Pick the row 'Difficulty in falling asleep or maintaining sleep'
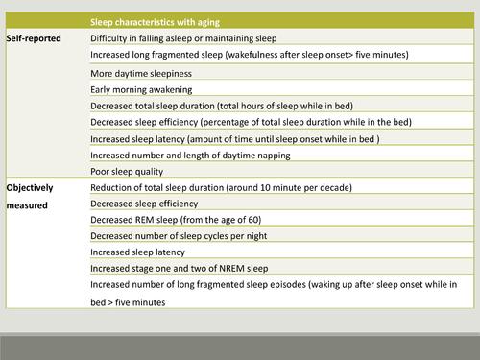pyautogui.click(x=183, y=37)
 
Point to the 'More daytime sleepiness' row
pyautogui.click(x=139, y=72)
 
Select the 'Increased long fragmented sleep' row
pyautogui.click(x=249, y=56)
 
